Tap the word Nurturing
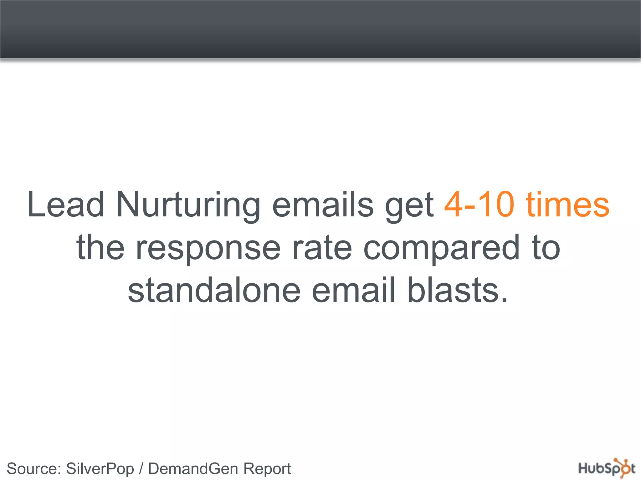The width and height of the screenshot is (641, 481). [x=188, y=205]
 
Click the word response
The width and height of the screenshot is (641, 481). [x=208, y=249]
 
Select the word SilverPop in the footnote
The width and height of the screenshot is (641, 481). [x=100, y=469]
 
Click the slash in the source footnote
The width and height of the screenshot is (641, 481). [x=141, y=469]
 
